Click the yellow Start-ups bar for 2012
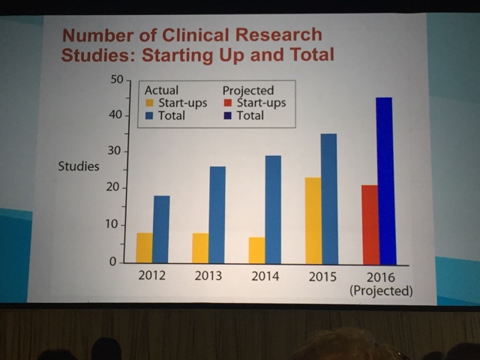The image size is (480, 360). pyautogui.click(x=145, y=247)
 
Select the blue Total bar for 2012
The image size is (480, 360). pyautogui.click(x=162, y=229)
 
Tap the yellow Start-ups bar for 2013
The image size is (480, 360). pyautogui.click(x=200, y=247)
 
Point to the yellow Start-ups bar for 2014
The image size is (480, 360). pyautogui.click(x=256, y=250)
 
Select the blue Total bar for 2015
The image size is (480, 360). pyautogui.click(x=328, y=198)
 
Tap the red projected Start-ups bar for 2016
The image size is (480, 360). pyautogui.click(x=369, y=224)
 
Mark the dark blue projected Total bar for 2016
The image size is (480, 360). pyautogui.click(x=385, y=180)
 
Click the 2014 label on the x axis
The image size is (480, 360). pyautogui.click(x=263, y=276)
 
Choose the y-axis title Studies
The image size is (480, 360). pyautogui.click(x=79, y=166)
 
